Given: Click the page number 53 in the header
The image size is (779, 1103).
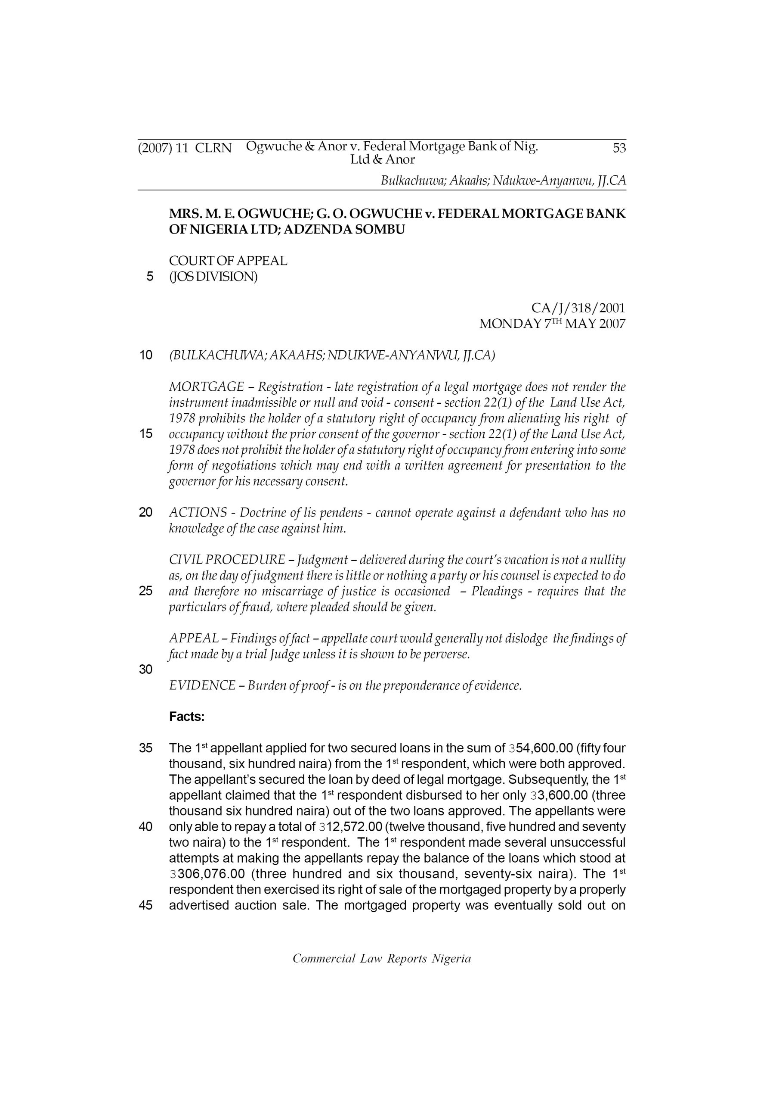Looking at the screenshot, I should [x=619, y=148].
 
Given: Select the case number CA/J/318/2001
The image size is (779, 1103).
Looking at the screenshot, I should [x=578, y=308].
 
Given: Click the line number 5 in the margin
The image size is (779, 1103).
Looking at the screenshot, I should [x=150, y=277].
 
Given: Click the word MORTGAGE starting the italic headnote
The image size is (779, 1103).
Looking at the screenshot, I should [x=207, y=387].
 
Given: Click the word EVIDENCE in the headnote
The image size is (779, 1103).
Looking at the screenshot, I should [x=202, y=685].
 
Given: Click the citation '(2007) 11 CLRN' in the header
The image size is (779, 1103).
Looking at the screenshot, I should [x=184, y=148].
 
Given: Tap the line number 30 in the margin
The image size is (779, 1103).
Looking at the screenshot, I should [x=145, y=669].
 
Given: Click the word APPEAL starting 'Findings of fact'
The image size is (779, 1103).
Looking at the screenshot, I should [x=193, y=639].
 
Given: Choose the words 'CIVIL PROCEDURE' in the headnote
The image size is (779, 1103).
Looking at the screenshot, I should [x=227, y=560].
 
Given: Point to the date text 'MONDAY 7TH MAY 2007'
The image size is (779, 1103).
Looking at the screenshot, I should [x=552, y=324].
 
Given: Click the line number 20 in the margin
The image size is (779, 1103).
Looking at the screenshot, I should [x=145, y=513].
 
